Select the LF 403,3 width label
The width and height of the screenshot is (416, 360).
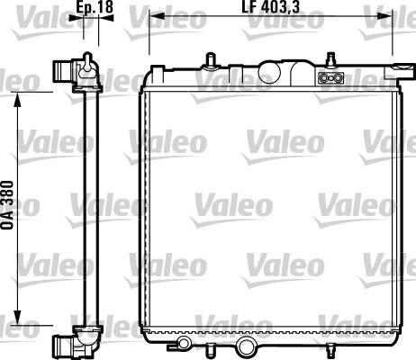pyautogui.click(x=269, y=8)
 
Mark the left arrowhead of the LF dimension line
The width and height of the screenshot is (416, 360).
pyautogui.click(x=152, y=17)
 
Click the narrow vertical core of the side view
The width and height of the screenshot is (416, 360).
pyautogui.click(x=88, y=207)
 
